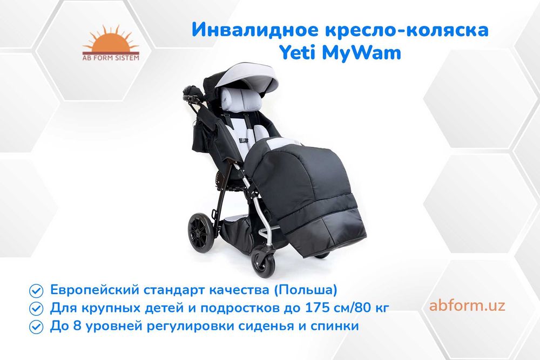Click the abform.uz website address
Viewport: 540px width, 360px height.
click(467, 305)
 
